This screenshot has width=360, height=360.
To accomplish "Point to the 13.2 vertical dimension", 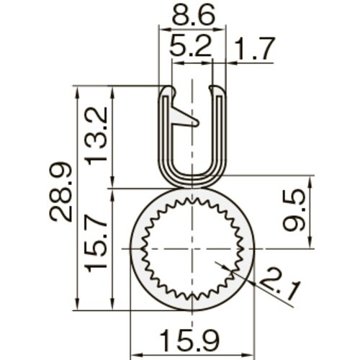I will point(96,135).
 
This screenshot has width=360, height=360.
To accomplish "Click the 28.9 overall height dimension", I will point(61,192).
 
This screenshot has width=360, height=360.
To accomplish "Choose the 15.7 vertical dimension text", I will point(96,247).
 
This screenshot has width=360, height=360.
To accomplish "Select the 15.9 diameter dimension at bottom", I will point(192,338).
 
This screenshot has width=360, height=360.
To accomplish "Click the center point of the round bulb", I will point(192,248).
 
